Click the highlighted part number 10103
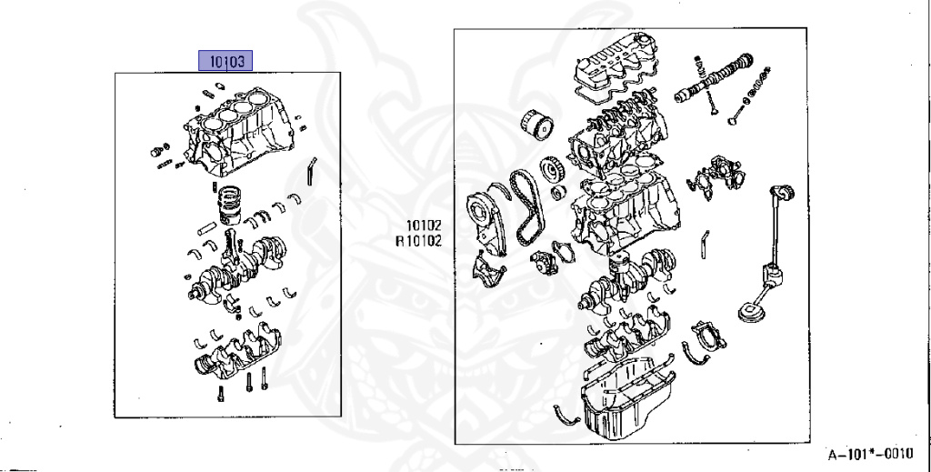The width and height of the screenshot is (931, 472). pyautogui.click(x=225, y=61)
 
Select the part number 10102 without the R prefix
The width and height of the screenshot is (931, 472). pyautogui.click(x=424, y=225)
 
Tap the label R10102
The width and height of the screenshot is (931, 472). pyautogui.click(x=419, y=240)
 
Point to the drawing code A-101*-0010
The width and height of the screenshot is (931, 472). pyautogui.click(x=870, y=454)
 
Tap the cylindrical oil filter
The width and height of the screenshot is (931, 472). pyautogui.click(x=536, y=124)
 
